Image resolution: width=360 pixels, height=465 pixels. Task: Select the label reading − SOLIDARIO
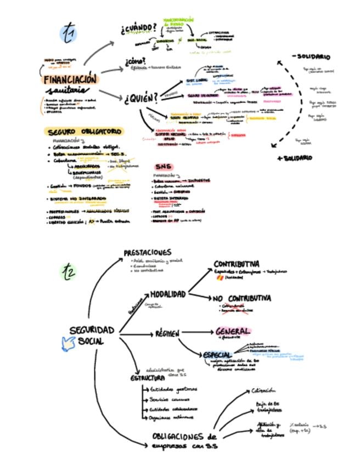311,56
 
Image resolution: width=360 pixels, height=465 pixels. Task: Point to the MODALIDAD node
168,294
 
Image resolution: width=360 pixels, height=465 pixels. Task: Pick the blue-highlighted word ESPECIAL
217,355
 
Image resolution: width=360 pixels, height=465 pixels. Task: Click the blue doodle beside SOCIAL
67,345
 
